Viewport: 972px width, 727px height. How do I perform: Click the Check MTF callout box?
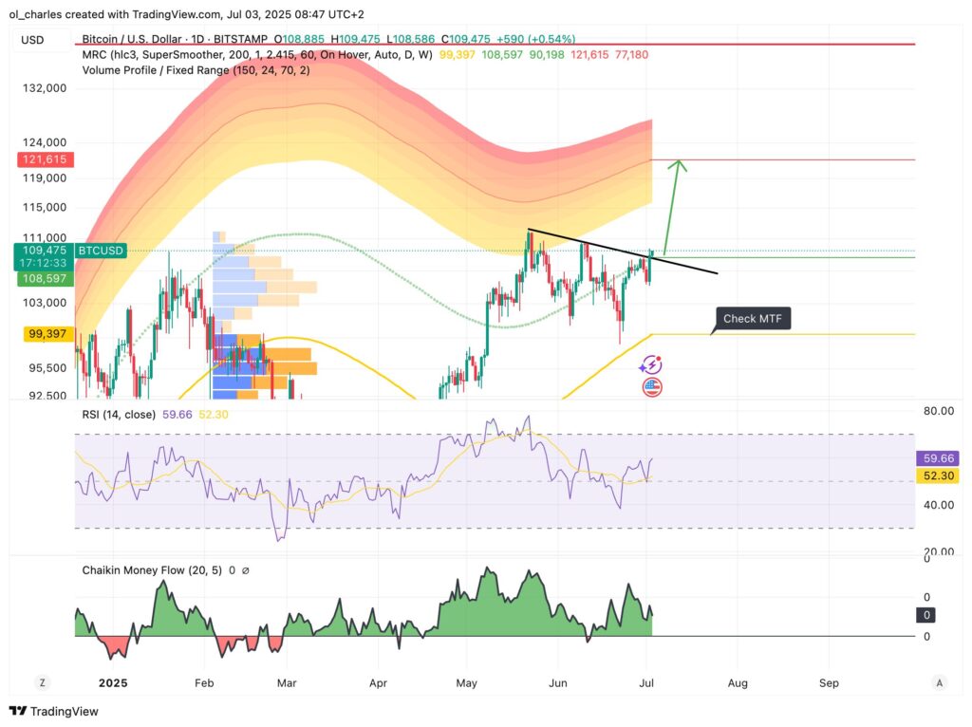coord(752,319)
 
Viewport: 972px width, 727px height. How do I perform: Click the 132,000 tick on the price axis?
coord(46,88)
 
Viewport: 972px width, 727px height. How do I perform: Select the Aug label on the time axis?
coord(738,682)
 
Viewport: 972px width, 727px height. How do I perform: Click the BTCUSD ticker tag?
coord(100,251)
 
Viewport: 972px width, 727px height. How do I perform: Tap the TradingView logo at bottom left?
coord(54,711)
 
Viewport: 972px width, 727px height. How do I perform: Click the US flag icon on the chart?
coord(652,386)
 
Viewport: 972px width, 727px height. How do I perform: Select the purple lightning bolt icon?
coord(652,364)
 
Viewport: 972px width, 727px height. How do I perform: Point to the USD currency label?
coord(32,40)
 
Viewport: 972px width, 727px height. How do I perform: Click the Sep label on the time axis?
coord(829,682)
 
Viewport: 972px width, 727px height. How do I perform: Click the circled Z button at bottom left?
coord(42,682)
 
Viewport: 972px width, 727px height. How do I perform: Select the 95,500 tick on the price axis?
coord(46,368)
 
